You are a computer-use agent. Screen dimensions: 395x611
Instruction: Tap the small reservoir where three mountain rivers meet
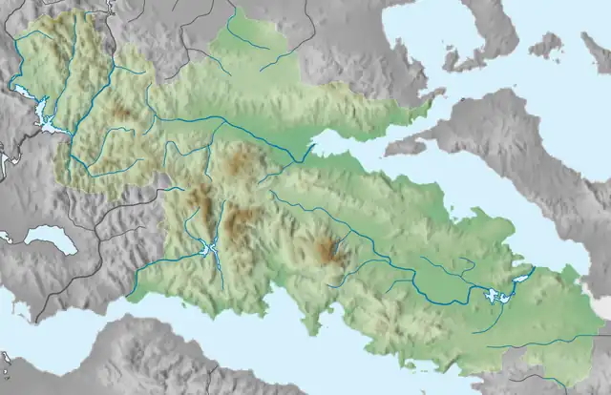210,250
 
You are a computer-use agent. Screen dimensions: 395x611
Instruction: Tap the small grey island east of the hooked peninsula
545,44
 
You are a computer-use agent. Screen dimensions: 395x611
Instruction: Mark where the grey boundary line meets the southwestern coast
34,320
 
